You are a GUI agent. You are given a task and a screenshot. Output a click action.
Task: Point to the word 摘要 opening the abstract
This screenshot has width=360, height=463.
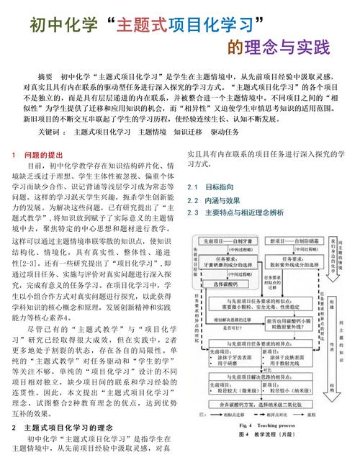coord(45,76)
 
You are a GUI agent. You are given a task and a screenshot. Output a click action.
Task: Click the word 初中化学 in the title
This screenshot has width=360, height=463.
coord(60,24)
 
